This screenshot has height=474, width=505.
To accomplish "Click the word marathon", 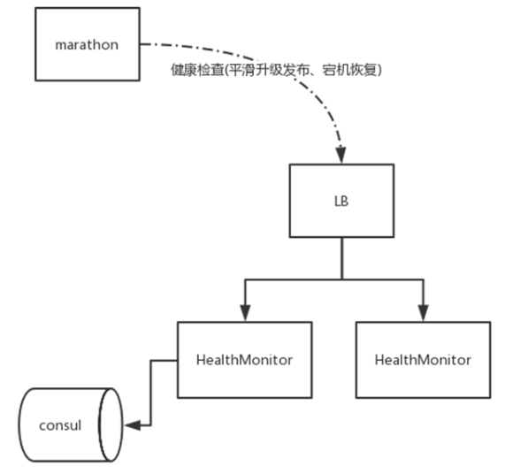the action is [x=87, y=45].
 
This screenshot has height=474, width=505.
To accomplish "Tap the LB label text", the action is [x=341, y=202].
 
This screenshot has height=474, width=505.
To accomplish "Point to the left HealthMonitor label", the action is [x=244, y=360].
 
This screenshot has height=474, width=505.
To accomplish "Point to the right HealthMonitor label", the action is [x=423, y=360].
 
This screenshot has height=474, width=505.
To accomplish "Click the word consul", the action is [x=60, y=425].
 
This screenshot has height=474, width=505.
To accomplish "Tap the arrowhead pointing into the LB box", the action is [x=340, y=156].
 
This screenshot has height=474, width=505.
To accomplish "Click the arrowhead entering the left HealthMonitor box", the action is [x=245, y=313].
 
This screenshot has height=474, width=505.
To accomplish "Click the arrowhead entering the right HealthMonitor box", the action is [x=424, y=313].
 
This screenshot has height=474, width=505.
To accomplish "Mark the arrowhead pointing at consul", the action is [x=133, y=425].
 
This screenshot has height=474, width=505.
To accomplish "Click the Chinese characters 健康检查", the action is [x=197, y=70].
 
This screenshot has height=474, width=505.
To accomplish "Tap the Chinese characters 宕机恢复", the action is [x=349, y=70].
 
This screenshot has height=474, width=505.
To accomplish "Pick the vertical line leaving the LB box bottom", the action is [x=341, y=258].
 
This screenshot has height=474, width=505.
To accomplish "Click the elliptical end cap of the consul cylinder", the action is [x=111, y=425].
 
